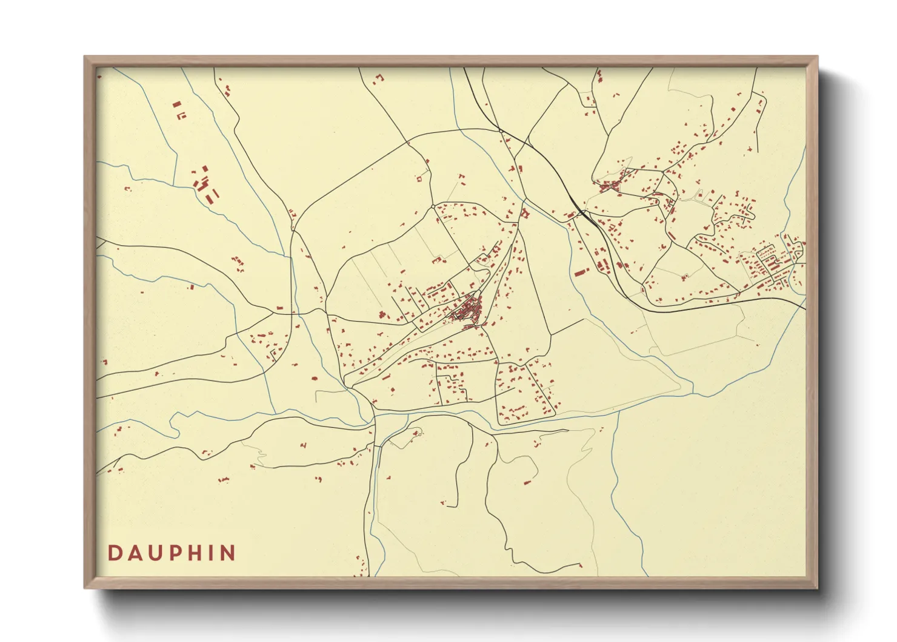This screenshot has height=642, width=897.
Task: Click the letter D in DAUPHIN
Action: point(113,553)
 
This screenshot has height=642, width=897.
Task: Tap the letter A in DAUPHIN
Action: point(133,553)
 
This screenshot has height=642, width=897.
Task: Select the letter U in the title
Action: point(154,553)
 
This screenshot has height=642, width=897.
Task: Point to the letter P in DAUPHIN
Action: point(174,553)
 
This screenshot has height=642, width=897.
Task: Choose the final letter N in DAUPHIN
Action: point(227,553)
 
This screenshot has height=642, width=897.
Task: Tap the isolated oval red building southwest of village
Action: point(314,379)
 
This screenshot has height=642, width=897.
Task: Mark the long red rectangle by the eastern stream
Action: point(582,272)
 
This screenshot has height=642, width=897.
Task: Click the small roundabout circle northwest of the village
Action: point(432,207)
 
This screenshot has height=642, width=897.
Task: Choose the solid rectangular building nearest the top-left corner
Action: point(176,104)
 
